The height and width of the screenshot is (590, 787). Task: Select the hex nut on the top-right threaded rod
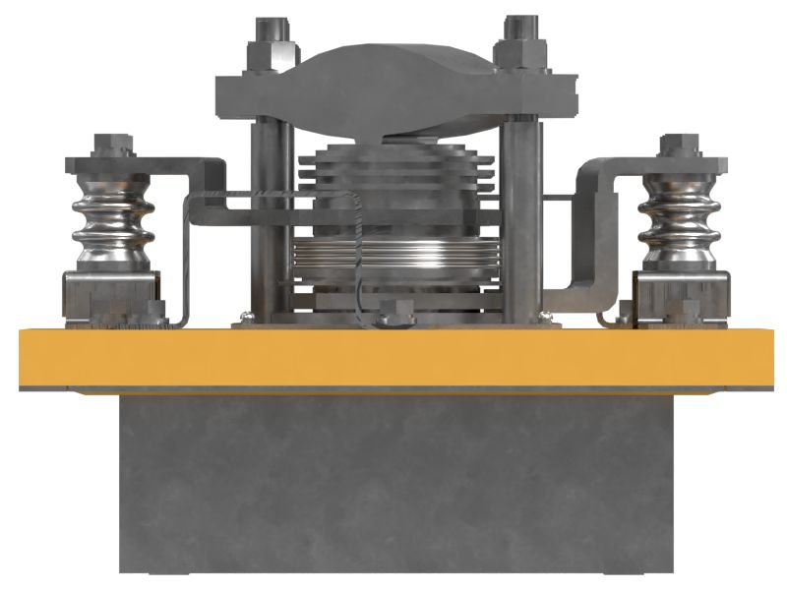coord(517,49)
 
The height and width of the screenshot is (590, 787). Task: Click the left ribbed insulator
coord(111,222)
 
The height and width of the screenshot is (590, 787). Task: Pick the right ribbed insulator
coord(678,222)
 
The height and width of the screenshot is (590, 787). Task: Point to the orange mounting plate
coord(393,359)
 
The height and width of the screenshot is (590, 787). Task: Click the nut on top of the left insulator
coord(107,147)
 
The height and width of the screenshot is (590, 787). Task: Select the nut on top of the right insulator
coord(679,147)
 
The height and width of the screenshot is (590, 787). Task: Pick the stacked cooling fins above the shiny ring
coord(393,172)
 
